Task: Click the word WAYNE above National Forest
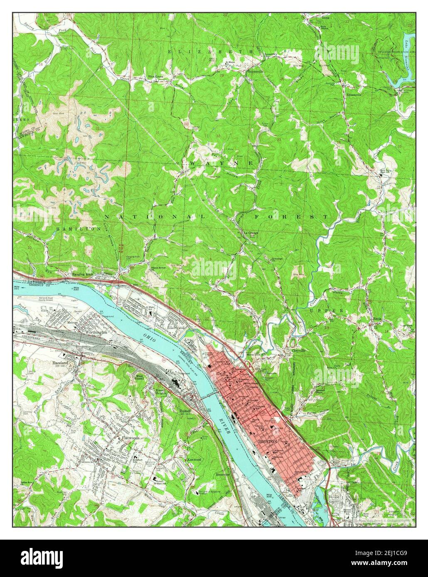(x=221, y=164)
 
